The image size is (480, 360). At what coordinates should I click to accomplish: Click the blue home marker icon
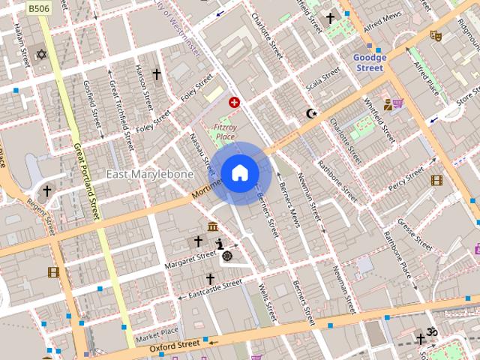(x=240, y=173)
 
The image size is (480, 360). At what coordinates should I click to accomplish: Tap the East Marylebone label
(x=149, y=174)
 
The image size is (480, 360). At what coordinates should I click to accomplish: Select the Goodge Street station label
(x=370, y=62)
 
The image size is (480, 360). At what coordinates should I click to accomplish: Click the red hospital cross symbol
(x=234, y=102)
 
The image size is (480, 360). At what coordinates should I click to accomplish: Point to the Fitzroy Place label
(x=224, y=132)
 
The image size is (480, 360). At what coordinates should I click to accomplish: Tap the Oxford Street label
(x=174, y=346)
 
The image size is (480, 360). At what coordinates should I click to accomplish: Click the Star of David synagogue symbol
(x=42, y=55)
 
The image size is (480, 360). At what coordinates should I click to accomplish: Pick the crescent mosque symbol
(x=311, y=114)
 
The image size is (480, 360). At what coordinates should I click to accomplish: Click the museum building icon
(x=213, y=226)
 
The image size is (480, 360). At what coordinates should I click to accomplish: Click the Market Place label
(x=157, y=331)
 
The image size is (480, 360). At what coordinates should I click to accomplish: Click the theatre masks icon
(x=435, y=34)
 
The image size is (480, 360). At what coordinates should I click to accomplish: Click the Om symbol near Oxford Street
(x=432, y=331)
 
